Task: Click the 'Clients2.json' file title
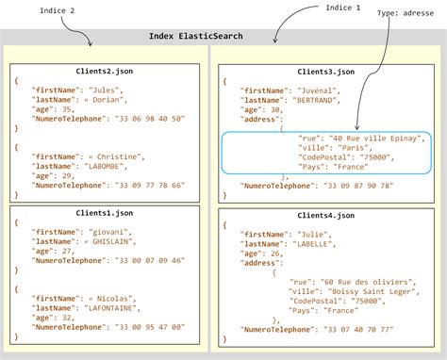pyautogui.click(x=105, y=71)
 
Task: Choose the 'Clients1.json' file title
pyautogui.click(x=105, y=212)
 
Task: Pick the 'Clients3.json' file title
pyautogui.click(x=325, y=71)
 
